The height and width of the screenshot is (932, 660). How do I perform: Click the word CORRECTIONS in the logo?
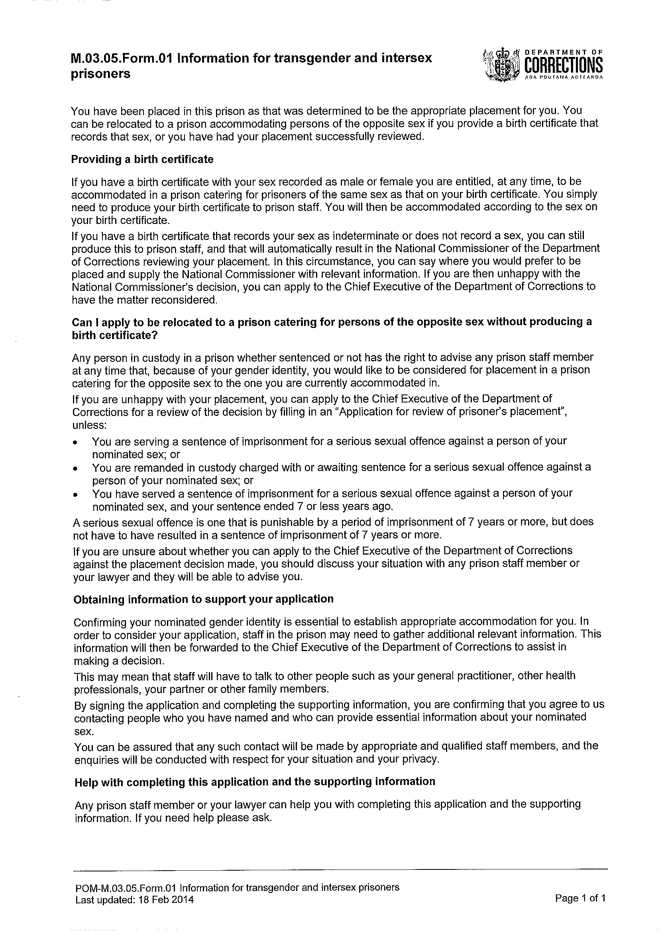pyautogui.click(x=564, y=65)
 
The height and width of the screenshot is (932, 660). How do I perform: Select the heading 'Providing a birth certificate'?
pyautogui.click(x=142, y=159)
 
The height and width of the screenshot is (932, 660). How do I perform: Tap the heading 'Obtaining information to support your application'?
pyautogui.click(x=203, y=599)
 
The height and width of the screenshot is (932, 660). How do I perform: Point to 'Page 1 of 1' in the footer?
pyautogui.click(x=580, y=898)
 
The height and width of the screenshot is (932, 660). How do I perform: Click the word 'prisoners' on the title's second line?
pyautogui.click(x=101, y=75)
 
